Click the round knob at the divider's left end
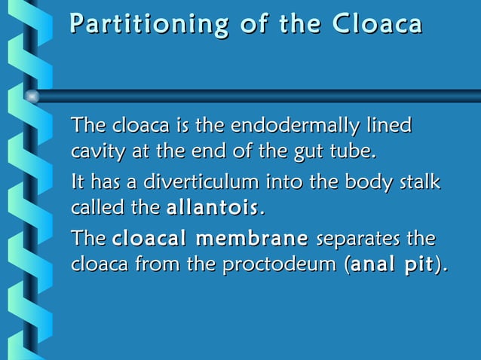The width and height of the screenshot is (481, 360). click(32, 96)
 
